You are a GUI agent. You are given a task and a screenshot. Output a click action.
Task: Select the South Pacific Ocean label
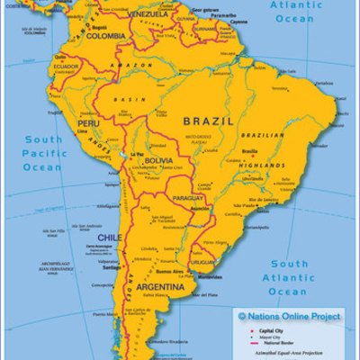(42, 153)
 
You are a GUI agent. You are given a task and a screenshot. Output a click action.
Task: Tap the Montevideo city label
(202, 276)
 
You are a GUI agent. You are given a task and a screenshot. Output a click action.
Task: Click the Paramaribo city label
(224, 15)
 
